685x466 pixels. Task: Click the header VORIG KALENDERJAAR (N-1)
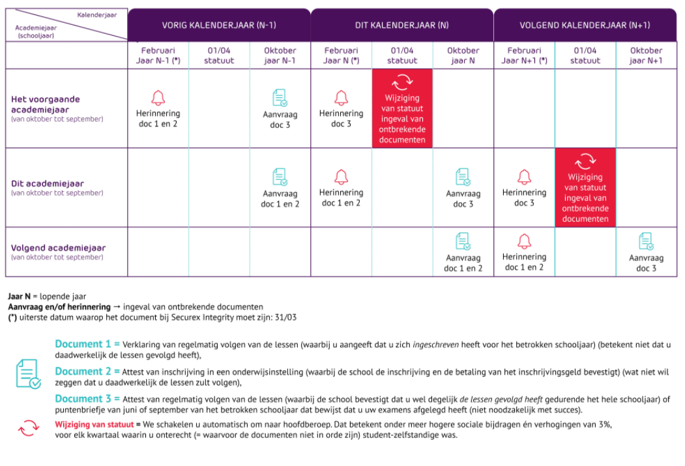coord(219,25)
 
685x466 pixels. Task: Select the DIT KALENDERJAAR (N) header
coord(401,25)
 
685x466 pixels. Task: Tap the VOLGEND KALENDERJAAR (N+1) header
coord(585,25)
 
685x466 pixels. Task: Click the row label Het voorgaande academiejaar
coord(46,104)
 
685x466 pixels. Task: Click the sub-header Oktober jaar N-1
coord(280,55)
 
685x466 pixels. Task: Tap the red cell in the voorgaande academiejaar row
coord(402,108)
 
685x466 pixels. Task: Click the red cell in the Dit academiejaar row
coord(585,187)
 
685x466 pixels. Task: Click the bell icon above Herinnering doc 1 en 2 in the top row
coord(158,98)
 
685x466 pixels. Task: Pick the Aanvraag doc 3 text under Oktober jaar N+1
coord(646,263)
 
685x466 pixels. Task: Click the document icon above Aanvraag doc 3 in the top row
coord(280,98)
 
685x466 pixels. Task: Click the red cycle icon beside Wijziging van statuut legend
coord(29,428)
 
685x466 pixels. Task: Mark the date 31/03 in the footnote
coord(287,317)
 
